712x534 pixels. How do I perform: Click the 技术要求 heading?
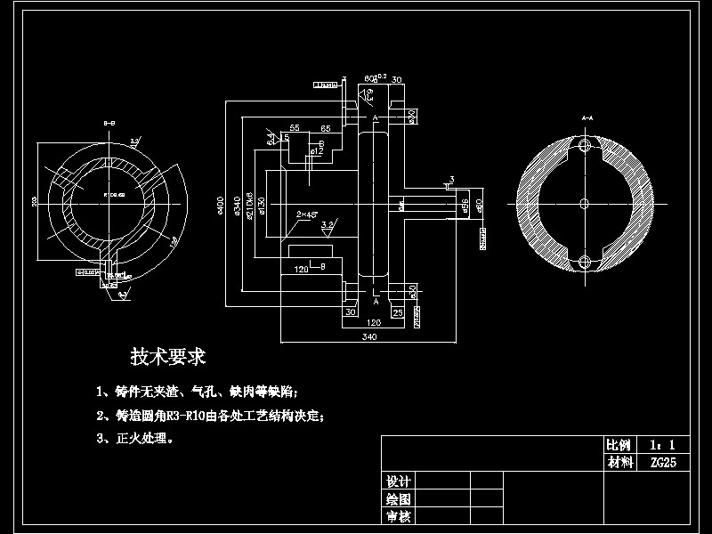click(168, 357)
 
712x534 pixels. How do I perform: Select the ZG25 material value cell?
click(663, 462)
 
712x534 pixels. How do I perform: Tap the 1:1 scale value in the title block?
click(663, 444)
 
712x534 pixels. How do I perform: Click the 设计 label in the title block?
click(398, 481)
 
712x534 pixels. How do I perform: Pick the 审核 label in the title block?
click(398, 516)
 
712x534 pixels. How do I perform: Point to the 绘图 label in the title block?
click(398, 498)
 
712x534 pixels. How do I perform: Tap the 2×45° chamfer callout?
click(307, 214)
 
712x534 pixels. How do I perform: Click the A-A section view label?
click(587, 117)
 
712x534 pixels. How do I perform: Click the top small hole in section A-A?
click(584, 145)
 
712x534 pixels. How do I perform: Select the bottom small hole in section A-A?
click(584, 261)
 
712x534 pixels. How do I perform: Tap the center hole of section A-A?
click(584, 203)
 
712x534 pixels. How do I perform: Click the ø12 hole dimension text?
click(314, 152)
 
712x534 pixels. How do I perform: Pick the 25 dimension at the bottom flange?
click(398, 312)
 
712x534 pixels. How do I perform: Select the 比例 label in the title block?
click(619, 444)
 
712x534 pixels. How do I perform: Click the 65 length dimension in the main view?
click(326, 129)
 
